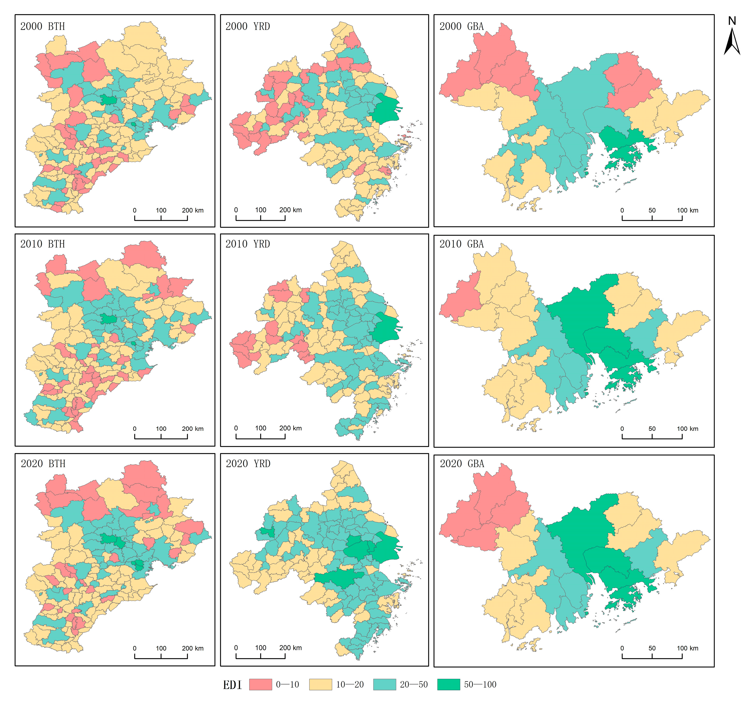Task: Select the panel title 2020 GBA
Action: point(462,464)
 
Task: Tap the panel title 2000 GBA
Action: point(461,26)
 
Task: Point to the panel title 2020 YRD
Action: point(248,464)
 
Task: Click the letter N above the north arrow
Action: point(732,21)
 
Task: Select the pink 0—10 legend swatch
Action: point(260,684)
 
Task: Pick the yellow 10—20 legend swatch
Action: point(320,684)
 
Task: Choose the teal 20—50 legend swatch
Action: point(385,684)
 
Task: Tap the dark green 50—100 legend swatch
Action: point(449,684)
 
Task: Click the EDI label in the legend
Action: point(232,685)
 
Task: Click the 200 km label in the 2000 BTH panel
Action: point(192,210)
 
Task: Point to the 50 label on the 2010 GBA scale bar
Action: point(652,429)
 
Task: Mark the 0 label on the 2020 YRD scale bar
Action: point(236,648)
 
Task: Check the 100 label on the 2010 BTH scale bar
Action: point(161,429)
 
